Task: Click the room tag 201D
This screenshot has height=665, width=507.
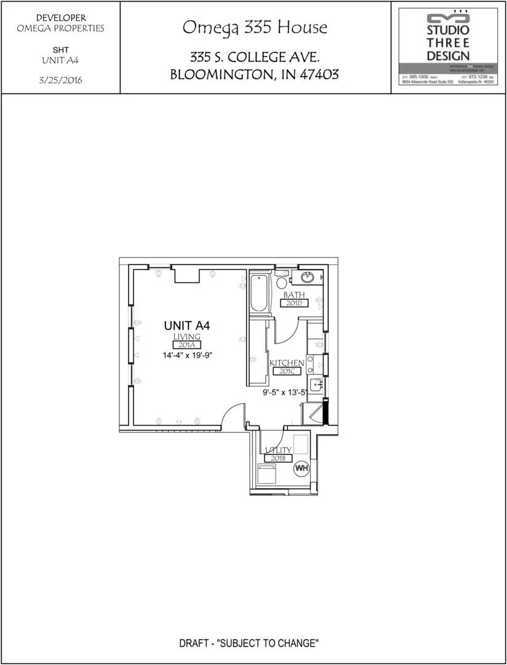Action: click(294, 303)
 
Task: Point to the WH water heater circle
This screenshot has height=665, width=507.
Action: click(301, 469)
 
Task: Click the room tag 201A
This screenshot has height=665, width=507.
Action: click(187, 345)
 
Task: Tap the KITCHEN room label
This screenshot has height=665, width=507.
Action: click(287, 363)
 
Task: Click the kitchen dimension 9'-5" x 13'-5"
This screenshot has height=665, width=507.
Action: click(284, 392)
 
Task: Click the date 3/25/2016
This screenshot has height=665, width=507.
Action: click(61, 80)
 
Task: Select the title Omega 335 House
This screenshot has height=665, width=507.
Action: click(255, 28)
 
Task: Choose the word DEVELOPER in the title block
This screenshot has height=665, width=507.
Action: click(61, 18)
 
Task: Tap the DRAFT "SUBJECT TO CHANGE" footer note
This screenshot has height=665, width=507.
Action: click(249, 644)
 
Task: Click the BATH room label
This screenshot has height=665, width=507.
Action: click(294, 295)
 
